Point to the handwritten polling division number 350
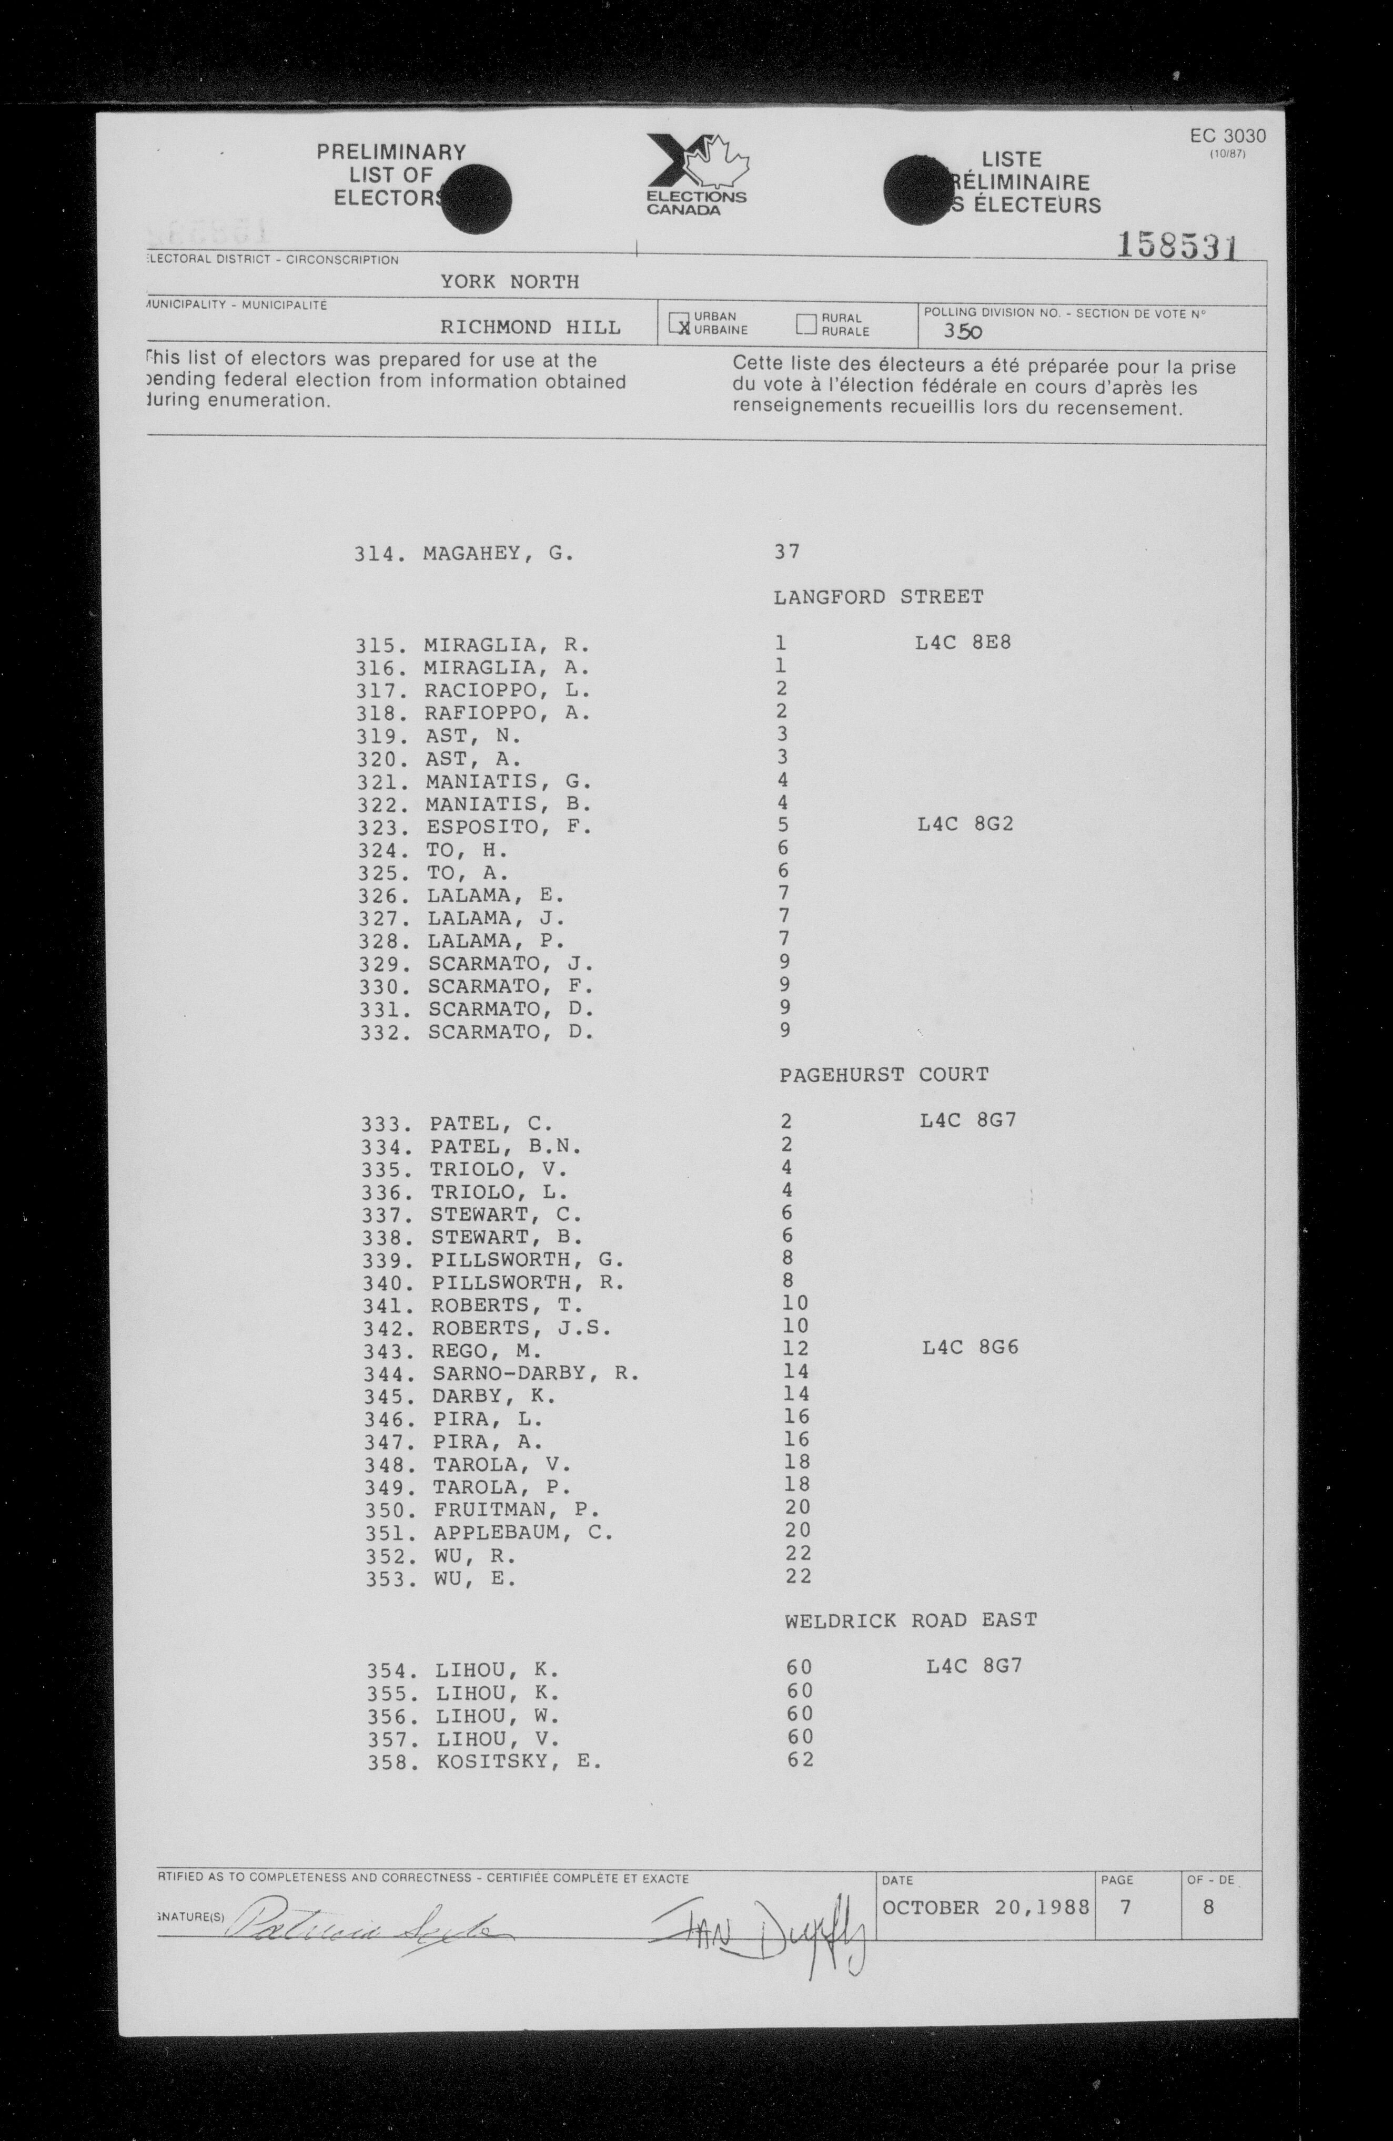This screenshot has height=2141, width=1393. click(x=962, y=331)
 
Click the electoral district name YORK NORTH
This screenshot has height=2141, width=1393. click(x=509, y=282)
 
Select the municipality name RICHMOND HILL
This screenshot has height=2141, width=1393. click(x=530, y=328)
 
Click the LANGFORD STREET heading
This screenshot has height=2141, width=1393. click(x=879, y=596)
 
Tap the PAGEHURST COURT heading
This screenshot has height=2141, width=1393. click(x=884, y=1074)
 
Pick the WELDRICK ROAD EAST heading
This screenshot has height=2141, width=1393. click(x=911, y=1620)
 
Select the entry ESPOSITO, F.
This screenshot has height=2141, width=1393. click(x=509, y=827)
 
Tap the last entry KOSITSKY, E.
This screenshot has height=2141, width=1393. click(x=518, y=1761)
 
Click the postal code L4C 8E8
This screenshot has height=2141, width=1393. click(x=963, y=643)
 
